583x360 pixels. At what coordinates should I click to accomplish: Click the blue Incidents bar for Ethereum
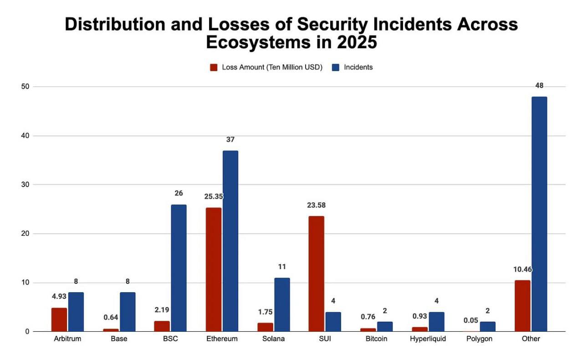coord(230,241)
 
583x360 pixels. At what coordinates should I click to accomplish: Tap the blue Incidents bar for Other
coord(539,214)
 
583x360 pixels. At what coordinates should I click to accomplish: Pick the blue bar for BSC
coord(179,268)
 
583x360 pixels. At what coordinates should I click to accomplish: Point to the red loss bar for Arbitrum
coord(59,320)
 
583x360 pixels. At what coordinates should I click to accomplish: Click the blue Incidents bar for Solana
coord(281,305)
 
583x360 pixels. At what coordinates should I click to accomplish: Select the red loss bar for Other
coord(522,306)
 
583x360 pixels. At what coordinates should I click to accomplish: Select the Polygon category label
coord(479,339)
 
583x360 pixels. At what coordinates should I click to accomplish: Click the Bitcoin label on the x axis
coord(377,339)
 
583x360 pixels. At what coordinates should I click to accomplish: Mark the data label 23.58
coord(316,205)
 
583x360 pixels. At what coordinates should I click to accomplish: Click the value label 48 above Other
coord(539,86)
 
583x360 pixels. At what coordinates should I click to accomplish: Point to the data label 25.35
coord(214,197)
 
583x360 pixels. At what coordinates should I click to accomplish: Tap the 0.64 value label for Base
coord(110,318)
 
